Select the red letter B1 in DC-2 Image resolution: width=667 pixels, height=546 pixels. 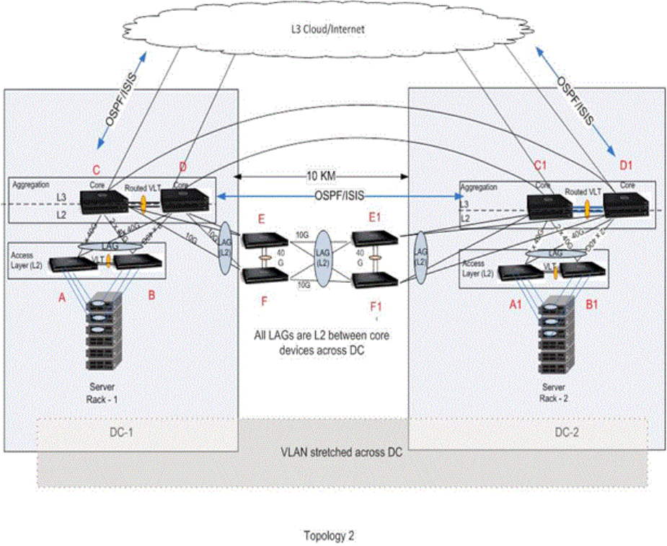click(x=591, y=304)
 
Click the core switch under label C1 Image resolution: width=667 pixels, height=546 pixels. click(x=549, y=207)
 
